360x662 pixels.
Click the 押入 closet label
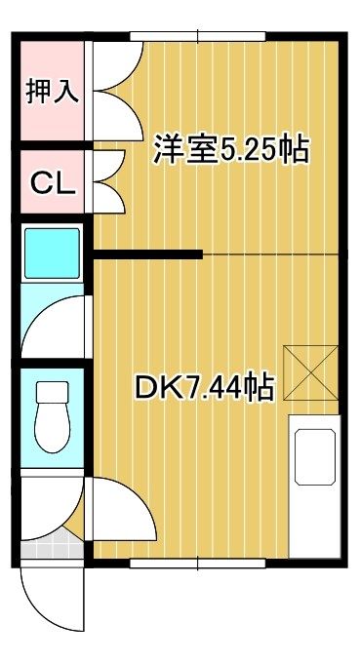tap(49, 93)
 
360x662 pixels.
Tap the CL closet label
tap(51, 182)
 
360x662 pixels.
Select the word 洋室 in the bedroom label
tap(180, 149)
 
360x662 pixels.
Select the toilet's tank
tap(51, 394)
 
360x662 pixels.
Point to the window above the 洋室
tap(199, 37)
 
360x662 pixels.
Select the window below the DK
tap(199, 563)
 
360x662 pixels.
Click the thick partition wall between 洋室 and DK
tap(147, 255)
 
